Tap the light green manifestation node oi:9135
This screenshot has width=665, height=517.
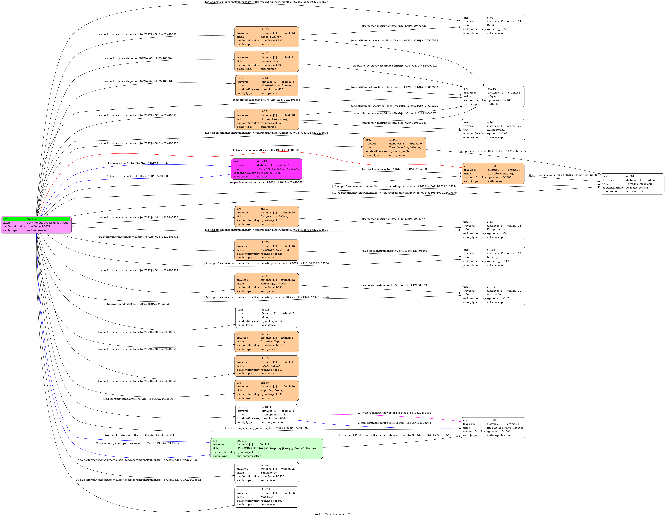point(266,448)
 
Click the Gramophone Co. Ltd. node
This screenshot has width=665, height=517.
point(266,415)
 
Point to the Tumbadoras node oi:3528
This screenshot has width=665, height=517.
point(266,473)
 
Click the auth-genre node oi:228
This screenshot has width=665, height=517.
point(266,317)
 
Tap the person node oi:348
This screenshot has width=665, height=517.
point(394,147)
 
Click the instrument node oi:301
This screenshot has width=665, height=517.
point(632,184)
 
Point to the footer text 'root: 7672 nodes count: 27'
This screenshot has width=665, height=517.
point(332,514)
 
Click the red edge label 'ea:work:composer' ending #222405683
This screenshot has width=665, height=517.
point(266,150)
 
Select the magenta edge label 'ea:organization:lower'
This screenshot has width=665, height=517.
point(394,412)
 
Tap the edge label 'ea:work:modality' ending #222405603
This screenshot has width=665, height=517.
point(138,304)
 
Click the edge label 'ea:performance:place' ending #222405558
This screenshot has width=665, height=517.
point(266,100)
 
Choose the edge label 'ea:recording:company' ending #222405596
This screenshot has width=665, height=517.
point(138,399)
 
